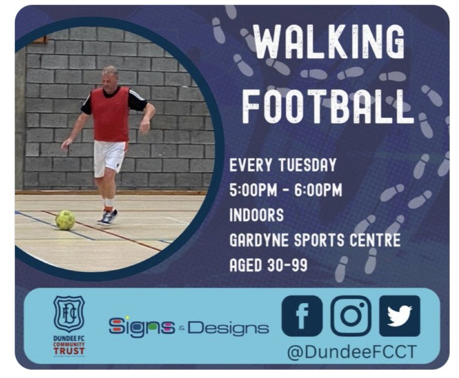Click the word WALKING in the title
tap(327, 43)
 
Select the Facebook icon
tap(302, 316)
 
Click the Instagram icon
tap(350, 316)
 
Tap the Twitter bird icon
tap(399, 316)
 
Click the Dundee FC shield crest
tap(69, 314)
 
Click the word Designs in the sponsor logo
tap(228, 327)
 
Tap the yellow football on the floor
tap(65, 220)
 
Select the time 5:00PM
tap(254, 190)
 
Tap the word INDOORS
tap(256, 215)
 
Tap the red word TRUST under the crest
tap(69, 350)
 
